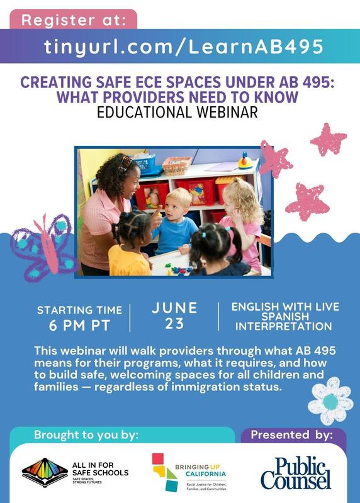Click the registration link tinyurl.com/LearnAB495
183,47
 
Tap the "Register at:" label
74,20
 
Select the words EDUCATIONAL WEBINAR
177,113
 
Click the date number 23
174,323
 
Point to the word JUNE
174,308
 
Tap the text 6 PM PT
79,325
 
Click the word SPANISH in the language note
285,316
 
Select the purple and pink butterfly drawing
43,248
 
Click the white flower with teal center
330,401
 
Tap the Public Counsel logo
295,473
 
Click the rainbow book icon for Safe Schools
45,472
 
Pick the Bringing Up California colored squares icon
164,472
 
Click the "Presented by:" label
291,435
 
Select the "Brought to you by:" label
86,435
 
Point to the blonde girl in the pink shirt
243,221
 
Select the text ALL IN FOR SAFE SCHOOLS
100,468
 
